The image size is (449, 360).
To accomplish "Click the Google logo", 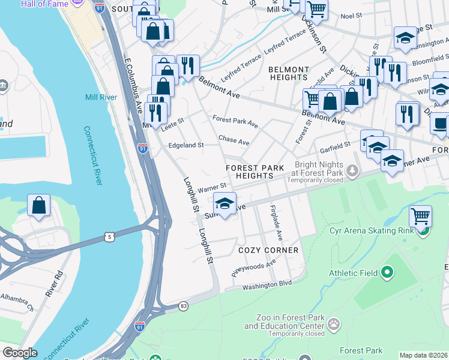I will tap(19, 353).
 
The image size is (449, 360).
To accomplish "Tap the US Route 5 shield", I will tap(109, 237).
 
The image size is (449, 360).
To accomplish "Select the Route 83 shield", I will tap(184, 307).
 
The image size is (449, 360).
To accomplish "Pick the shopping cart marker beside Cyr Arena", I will tap(420, 215).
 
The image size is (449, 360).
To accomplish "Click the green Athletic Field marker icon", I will tap(387, 273).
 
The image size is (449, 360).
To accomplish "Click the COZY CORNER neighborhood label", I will tap(268, 250).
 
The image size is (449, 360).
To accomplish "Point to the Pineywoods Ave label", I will tap(254, 268).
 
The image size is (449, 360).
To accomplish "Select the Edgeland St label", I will tap(185, 145).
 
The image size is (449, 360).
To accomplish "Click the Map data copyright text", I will tap(423, 355).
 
